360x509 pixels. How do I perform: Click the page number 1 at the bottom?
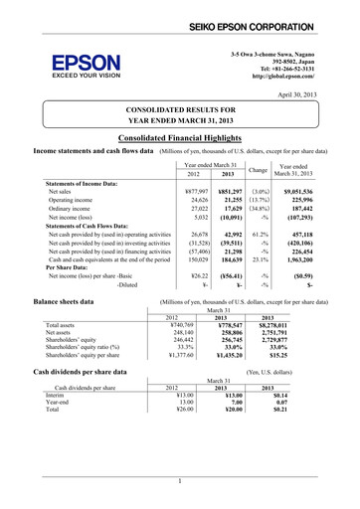(180, 482)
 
